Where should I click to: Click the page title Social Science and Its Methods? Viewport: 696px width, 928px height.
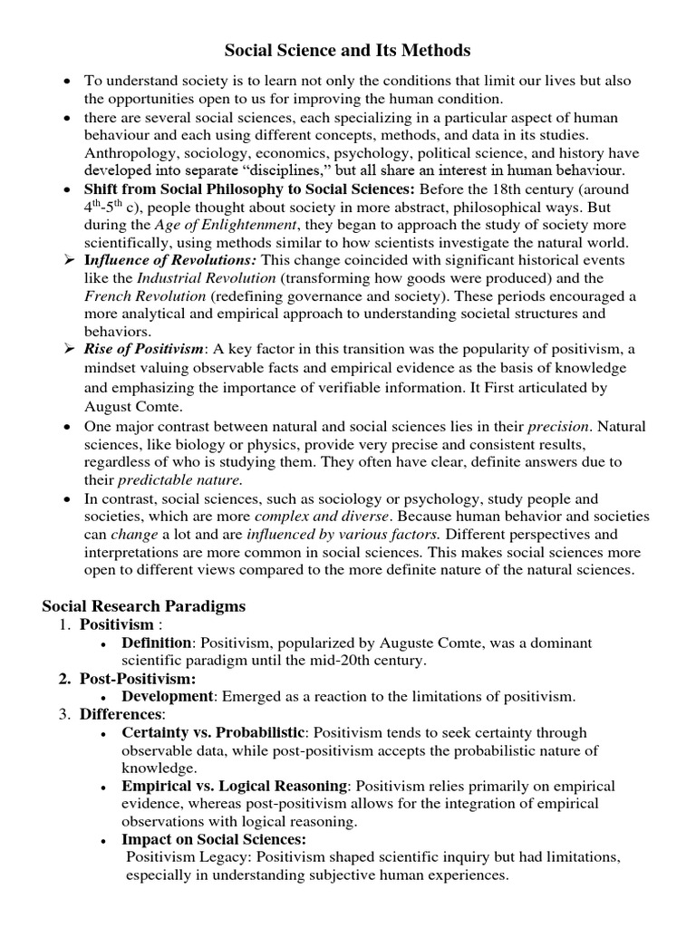(348, 50)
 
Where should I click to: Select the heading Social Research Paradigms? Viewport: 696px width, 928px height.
(145, 605)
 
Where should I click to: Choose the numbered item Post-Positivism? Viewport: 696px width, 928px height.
(138, 678)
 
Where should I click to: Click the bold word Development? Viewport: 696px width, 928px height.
(168, 696)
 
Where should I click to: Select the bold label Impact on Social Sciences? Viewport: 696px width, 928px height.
(214, 840)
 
